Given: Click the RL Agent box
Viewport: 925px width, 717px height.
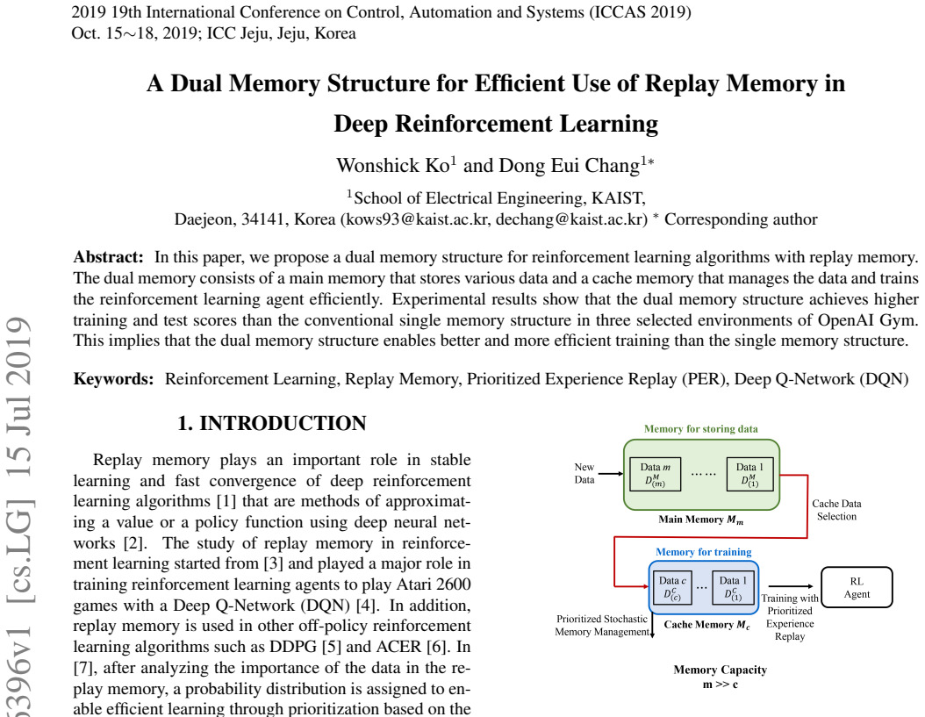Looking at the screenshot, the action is point(857,587).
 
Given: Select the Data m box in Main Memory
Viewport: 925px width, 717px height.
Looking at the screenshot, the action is point(655,474).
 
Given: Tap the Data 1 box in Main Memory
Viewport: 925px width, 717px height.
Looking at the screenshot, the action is point(749,474).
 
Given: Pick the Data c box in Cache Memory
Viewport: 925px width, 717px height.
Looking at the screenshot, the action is point(672,587).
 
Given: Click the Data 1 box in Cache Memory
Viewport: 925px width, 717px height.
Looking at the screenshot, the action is point(733,587).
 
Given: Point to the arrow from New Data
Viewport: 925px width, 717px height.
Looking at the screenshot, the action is point(611,473).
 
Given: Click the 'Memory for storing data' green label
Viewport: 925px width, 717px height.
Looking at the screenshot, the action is point(701,429).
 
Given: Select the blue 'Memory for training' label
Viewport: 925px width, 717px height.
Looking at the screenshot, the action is point(703,552).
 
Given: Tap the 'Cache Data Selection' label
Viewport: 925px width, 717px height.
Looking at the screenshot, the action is point(836,510).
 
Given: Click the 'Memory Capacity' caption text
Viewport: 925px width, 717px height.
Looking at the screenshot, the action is point(721,670).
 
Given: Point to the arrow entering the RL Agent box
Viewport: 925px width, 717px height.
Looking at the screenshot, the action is point(792,586).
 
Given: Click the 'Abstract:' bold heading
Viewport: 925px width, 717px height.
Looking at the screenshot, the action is point(109,257).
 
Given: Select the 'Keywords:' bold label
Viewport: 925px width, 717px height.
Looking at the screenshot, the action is point(113,379).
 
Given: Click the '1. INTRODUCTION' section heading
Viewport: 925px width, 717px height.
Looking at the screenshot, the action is point(272,423).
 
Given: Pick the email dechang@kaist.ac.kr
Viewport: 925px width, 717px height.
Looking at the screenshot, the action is point(571,219).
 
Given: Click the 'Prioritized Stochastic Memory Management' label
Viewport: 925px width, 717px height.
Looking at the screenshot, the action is point(602,626).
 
